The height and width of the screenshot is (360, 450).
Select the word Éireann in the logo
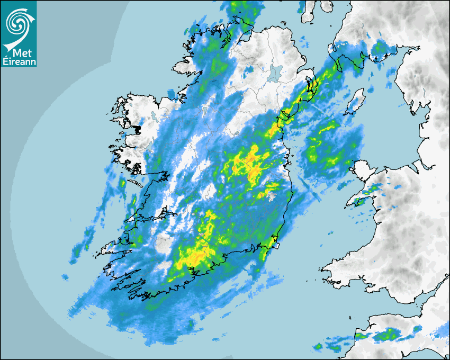coord(19,62)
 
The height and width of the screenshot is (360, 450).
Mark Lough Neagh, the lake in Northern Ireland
coord(275,72)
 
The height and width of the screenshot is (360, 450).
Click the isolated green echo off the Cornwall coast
coord(318,347)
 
